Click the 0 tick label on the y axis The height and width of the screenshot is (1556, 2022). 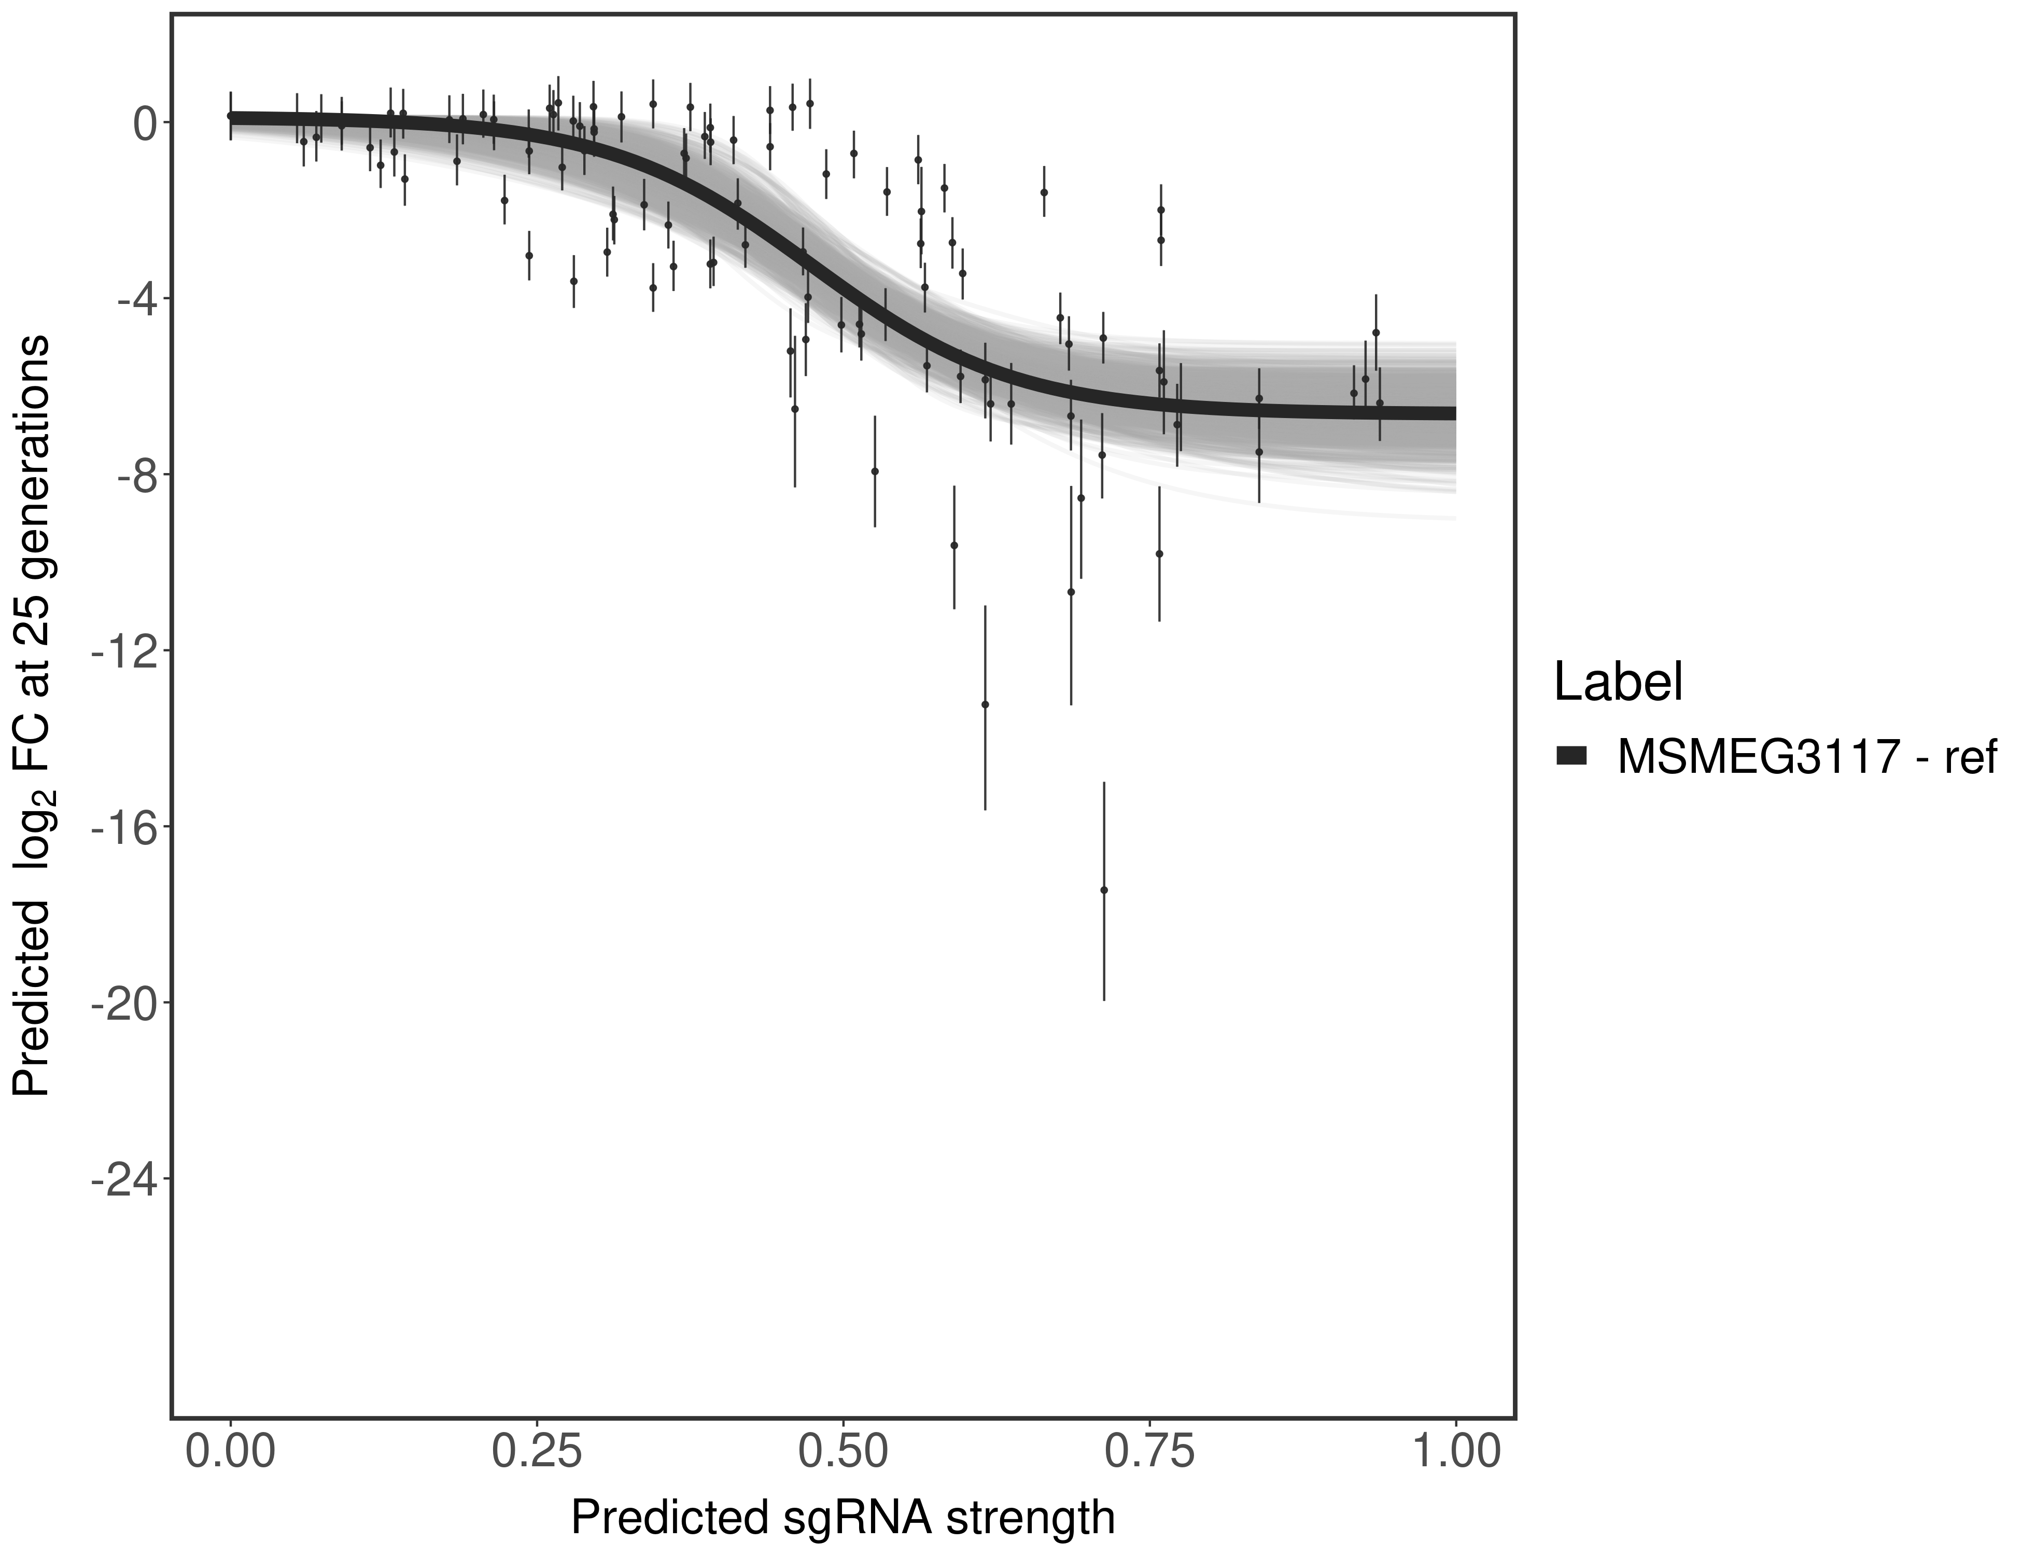(x=145, y=123)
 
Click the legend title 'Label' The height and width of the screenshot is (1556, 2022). (x=1618, y=683)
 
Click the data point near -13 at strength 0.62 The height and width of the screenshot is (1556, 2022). (x=985, y=704)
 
